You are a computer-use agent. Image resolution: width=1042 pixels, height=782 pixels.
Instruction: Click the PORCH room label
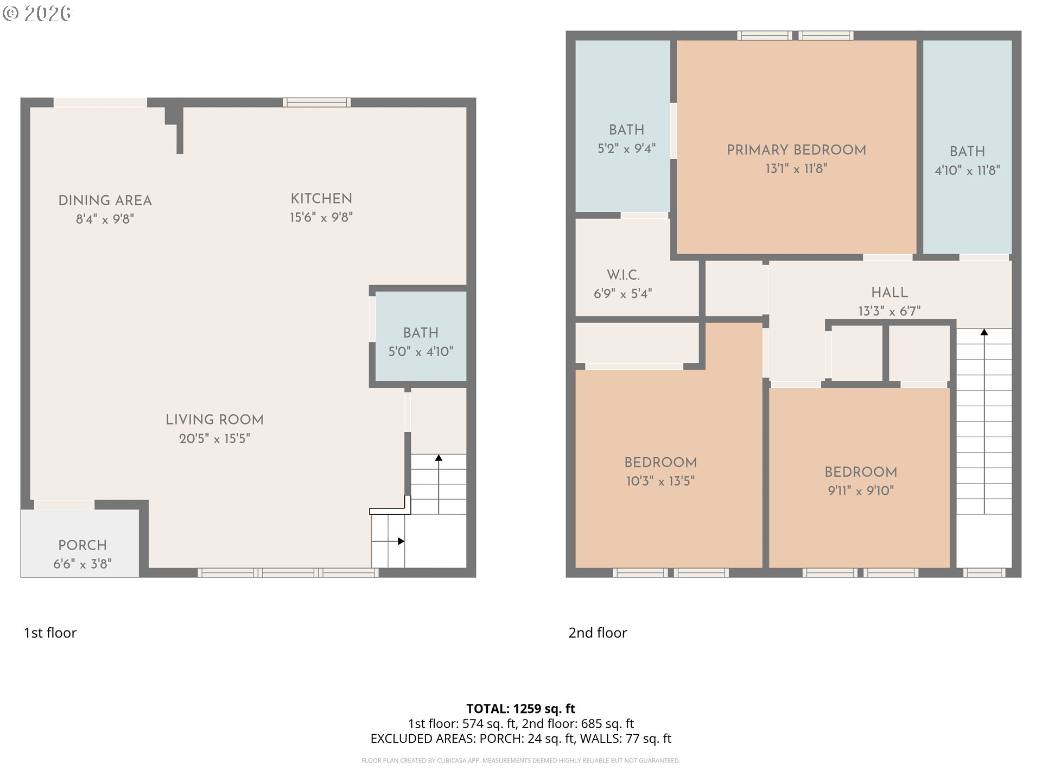tap(82, 545)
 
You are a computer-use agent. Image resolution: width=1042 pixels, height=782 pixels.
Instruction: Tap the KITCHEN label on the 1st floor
tap(321, 198)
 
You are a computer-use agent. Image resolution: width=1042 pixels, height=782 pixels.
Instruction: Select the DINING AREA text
tap(105, 200)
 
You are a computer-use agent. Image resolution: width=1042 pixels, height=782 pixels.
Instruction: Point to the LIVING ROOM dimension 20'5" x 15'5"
tap(214, 438)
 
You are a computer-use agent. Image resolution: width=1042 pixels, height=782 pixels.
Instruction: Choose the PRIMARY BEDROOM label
tap(796, 150)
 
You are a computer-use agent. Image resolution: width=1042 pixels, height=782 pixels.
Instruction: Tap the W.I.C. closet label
tap(623, 275)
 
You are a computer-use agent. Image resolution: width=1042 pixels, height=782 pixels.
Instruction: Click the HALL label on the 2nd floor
tap(889, 292)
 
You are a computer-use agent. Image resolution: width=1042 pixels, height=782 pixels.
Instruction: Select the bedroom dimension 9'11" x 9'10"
tap(861, 491)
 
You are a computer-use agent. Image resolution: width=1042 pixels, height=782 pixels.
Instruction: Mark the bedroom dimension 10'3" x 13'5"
tap(660, 481)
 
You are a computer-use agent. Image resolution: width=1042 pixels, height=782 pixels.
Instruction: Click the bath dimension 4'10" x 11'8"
tap(967, 171)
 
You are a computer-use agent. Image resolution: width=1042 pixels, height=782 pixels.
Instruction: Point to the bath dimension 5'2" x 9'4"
tap(626, 149)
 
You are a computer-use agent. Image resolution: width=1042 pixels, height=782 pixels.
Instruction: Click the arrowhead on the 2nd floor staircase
tap(984, 332)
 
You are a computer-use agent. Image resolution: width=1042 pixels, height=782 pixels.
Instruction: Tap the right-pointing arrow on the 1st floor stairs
tap(388, 541)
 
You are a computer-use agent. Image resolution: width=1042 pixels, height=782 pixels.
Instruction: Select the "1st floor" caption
tap(50, 633)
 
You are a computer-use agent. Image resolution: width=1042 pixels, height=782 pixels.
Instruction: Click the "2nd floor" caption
tap(598, 633)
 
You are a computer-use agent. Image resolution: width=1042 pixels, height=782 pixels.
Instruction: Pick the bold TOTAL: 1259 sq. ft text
tap(520, 709)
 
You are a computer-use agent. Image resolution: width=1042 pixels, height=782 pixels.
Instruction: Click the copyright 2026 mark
tap(36, 13)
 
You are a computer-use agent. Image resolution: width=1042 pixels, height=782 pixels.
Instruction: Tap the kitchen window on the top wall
tap(317, 102)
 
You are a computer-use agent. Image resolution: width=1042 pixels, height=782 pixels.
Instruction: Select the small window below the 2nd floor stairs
tap(984, 572)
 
